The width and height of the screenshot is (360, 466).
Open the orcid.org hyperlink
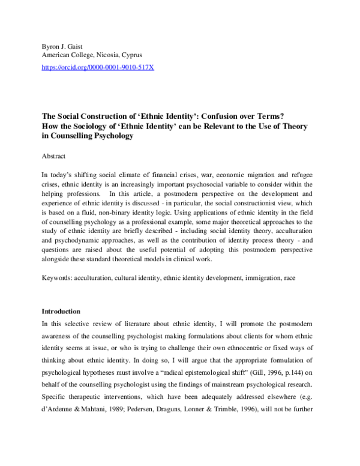97,68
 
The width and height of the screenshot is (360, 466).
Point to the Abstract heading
53,155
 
